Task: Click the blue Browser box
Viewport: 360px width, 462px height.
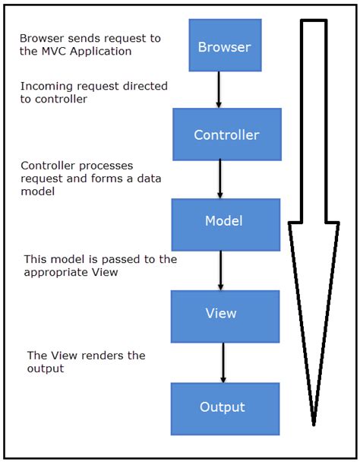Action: coord(224,47)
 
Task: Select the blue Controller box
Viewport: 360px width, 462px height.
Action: coord(226,135)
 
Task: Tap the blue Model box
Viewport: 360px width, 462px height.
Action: coord(223,221)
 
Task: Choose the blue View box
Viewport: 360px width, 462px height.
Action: coord(220,313)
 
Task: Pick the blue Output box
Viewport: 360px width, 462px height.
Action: coord(223,407)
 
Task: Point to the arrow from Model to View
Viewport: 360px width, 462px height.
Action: coord(220,269)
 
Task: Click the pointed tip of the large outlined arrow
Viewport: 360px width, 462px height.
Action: coord(313,423)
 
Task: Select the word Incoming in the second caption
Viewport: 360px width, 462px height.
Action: coord(46,87)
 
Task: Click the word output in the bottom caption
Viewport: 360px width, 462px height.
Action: coord(46,369)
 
